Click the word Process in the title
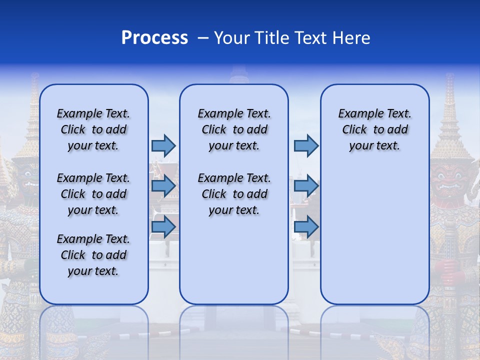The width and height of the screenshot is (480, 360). click(x=154, y=38)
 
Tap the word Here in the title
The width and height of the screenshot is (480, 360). click(x=351, y=38)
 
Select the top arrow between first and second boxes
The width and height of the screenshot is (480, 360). click(x=163, y=145)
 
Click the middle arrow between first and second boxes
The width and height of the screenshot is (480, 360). click(x=163, y=186)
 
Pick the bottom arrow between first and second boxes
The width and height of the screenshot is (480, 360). click(x=163, y=226)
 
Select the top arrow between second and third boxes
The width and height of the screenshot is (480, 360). click(x=306, y=145)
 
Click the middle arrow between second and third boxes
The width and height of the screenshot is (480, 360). click(x=306, y=186)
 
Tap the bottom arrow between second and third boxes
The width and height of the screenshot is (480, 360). click(x=306, y=226)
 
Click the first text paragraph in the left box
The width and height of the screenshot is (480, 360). click(x=93, y=129)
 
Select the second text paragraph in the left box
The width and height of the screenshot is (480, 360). click(x=93, y=194)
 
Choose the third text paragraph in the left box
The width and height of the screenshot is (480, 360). click(x=93, y=255)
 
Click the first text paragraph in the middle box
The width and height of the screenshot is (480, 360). click(x=234, y=129)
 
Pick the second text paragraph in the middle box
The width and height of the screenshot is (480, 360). click(x=234, y=194)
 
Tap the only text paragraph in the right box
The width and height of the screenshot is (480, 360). click(x=375, y=129)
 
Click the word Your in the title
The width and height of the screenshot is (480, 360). click(x=231, y=38)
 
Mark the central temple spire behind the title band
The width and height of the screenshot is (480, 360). click(x=239, y=75)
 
